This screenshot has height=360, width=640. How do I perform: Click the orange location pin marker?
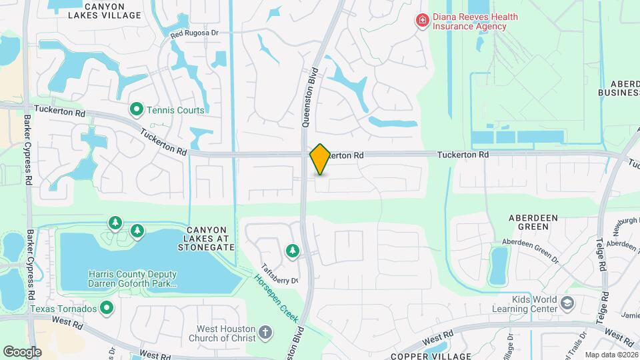[320, 159]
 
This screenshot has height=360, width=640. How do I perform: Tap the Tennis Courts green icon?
[137, 108]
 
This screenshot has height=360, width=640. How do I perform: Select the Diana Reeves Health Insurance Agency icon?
[422, 21]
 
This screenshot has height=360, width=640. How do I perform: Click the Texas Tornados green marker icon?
[106, 307]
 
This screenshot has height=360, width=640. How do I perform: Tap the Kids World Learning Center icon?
[567, 304]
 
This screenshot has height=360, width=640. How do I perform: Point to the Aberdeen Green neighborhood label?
[529, 222]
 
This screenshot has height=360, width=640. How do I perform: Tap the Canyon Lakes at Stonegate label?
[206, 238]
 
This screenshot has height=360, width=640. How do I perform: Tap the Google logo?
[22, 351]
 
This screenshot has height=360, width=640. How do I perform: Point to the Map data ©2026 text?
[611, 355]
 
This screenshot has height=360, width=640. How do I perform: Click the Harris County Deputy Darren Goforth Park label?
[133, 279]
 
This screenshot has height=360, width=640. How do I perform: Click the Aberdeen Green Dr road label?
[531, 245]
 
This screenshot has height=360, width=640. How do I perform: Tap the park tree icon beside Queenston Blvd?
[292, 251]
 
